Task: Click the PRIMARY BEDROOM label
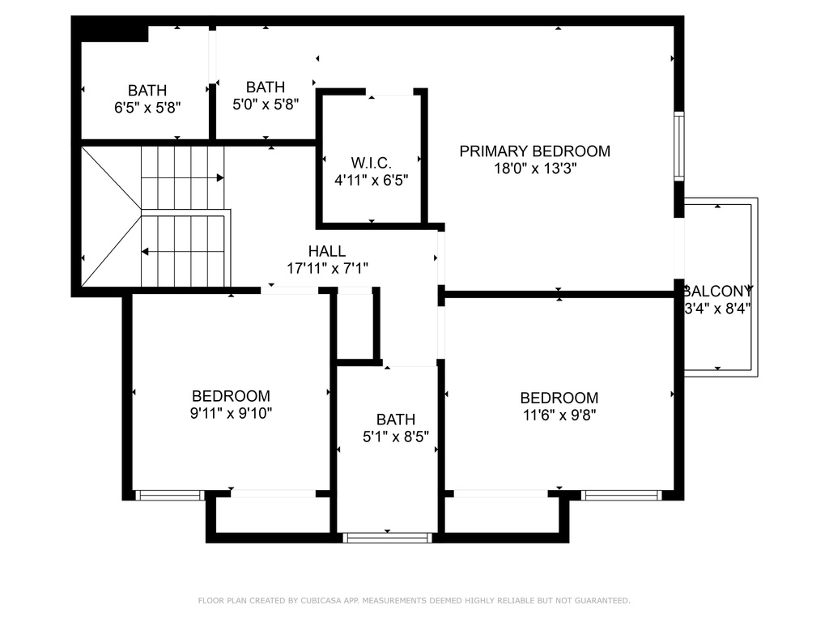pyautogui.click(x=534, y=151)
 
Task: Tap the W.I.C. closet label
pyautogui.click(x=371, y=163)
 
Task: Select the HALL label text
pyautogui.click(x=327, y=251)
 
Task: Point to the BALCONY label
pyautogui.click(x=717, y=291)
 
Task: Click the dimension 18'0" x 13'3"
pyautogui.click(x=535, y=168)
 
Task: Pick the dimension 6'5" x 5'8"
pyautogui.click(x=147, y=108)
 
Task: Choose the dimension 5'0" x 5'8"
pyautogui.click(x=266, y=104)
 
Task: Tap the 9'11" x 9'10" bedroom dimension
pyautogui.click(x=231, y=413)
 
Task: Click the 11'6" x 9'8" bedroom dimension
pyautogui.click(x=559, y=415)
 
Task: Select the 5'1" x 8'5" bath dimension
pyautogui.click(x=395, y=437)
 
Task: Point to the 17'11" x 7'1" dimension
pyautogui.click(x=327, y=269)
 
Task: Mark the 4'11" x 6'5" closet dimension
pyautogui.click(x=371, y=181)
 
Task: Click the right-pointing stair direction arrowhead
pyautogui.click(x=220, y=177)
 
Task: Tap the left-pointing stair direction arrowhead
pyautogui.click(x=145, y=252)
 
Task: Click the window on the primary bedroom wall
pyautogui.click(x=679, y=147)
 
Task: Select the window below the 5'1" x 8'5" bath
pyautogui.click(x=388, y=538)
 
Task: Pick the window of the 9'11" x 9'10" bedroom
pyautogui.click(x=170, y=495)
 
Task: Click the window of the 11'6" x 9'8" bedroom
pyautogui.click(x=621, y=495)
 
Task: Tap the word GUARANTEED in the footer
pyautogui.click(x=602, y=600)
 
